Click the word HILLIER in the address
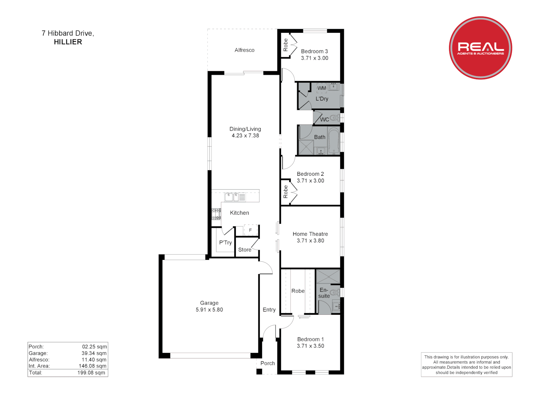coord(68,42)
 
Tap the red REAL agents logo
coord(480,48)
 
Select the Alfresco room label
coord(245,50)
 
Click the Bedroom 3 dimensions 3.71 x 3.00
coord(314,58)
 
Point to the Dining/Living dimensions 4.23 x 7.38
coord(245,136)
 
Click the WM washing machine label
coord(322,88)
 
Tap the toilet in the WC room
coord(335,118)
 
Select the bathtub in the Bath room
coord(334,141)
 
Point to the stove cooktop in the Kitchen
coord(216,214)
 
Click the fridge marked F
coord(250,230)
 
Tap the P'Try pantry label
coord(225,243)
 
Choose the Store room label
coord(245,250)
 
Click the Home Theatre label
coord(310,234)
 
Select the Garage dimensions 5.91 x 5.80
coord(209,310)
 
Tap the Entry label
coord(269,310)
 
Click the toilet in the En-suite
coord(335,292)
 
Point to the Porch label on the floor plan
coord(267,363)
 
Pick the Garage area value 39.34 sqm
coord(94,353)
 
